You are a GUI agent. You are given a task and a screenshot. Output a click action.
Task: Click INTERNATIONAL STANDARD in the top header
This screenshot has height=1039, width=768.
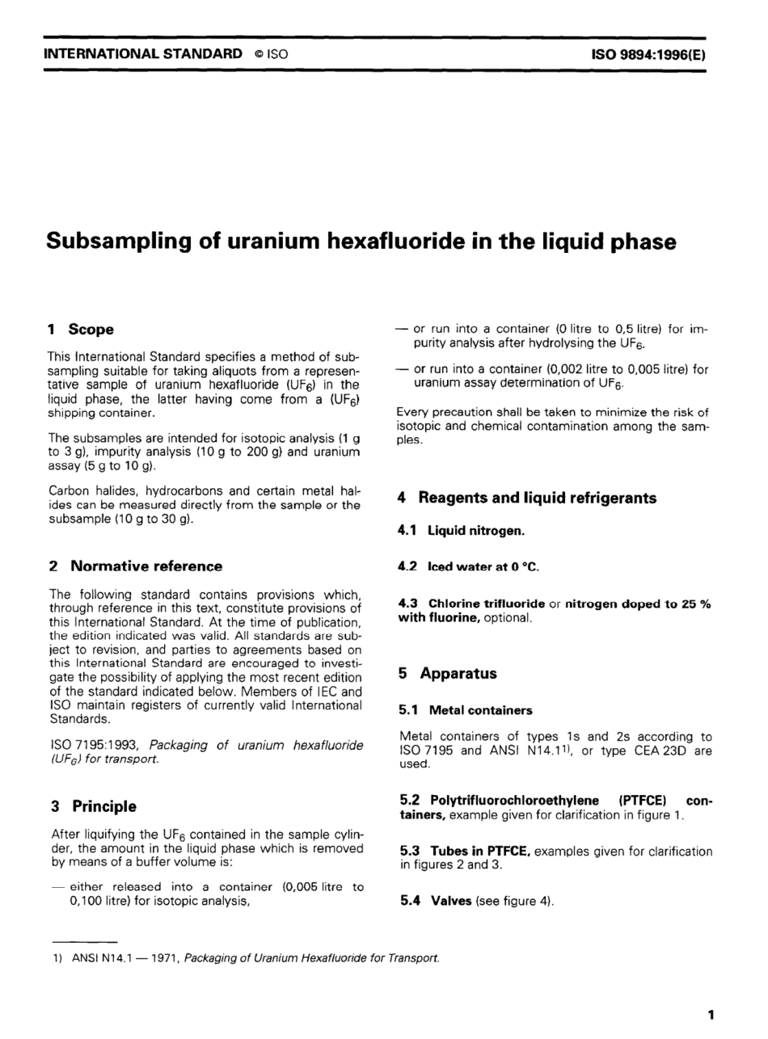(142, 54)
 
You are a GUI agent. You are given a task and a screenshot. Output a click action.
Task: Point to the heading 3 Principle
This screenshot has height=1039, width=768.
(93, 806)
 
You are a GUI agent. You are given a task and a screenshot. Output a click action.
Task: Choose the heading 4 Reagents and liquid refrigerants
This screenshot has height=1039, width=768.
(526, 498)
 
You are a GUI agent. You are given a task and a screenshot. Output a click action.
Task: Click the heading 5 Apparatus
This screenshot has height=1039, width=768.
(447, 673)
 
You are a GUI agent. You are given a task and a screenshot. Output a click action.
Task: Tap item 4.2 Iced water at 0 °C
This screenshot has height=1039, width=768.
(468, 567)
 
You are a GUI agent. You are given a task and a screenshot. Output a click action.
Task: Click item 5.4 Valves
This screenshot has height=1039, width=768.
(437, 900)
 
